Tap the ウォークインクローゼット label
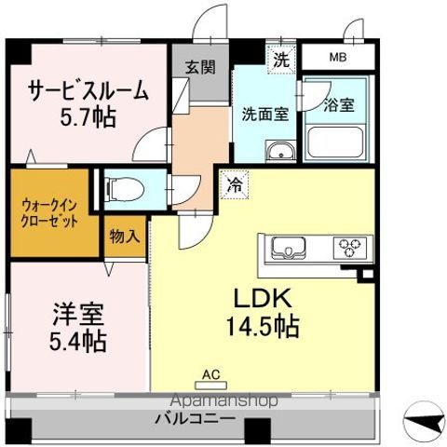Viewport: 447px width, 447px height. coord(50,215)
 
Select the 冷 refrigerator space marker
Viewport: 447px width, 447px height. coord(235,183)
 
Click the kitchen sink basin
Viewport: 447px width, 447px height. coord(288,249)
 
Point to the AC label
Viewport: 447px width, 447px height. coord(211,375)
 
